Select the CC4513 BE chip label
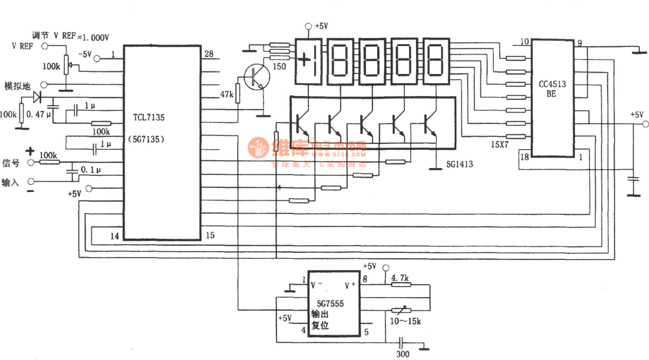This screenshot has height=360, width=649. pyautogui.click(x=552, y=89)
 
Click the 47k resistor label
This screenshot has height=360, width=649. pyautogui.click(x=227, y=95)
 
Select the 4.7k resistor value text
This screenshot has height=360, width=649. pyautogui.click(x=400, y=278)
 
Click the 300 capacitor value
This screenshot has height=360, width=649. pyautogui.click(x=403, y=354)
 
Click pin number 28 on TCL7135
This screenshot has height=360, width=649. pyautogui.click(x=208, y=54)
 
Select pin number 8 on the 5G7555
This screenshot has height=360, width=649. pyautogui.click(x=365, y=280)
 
